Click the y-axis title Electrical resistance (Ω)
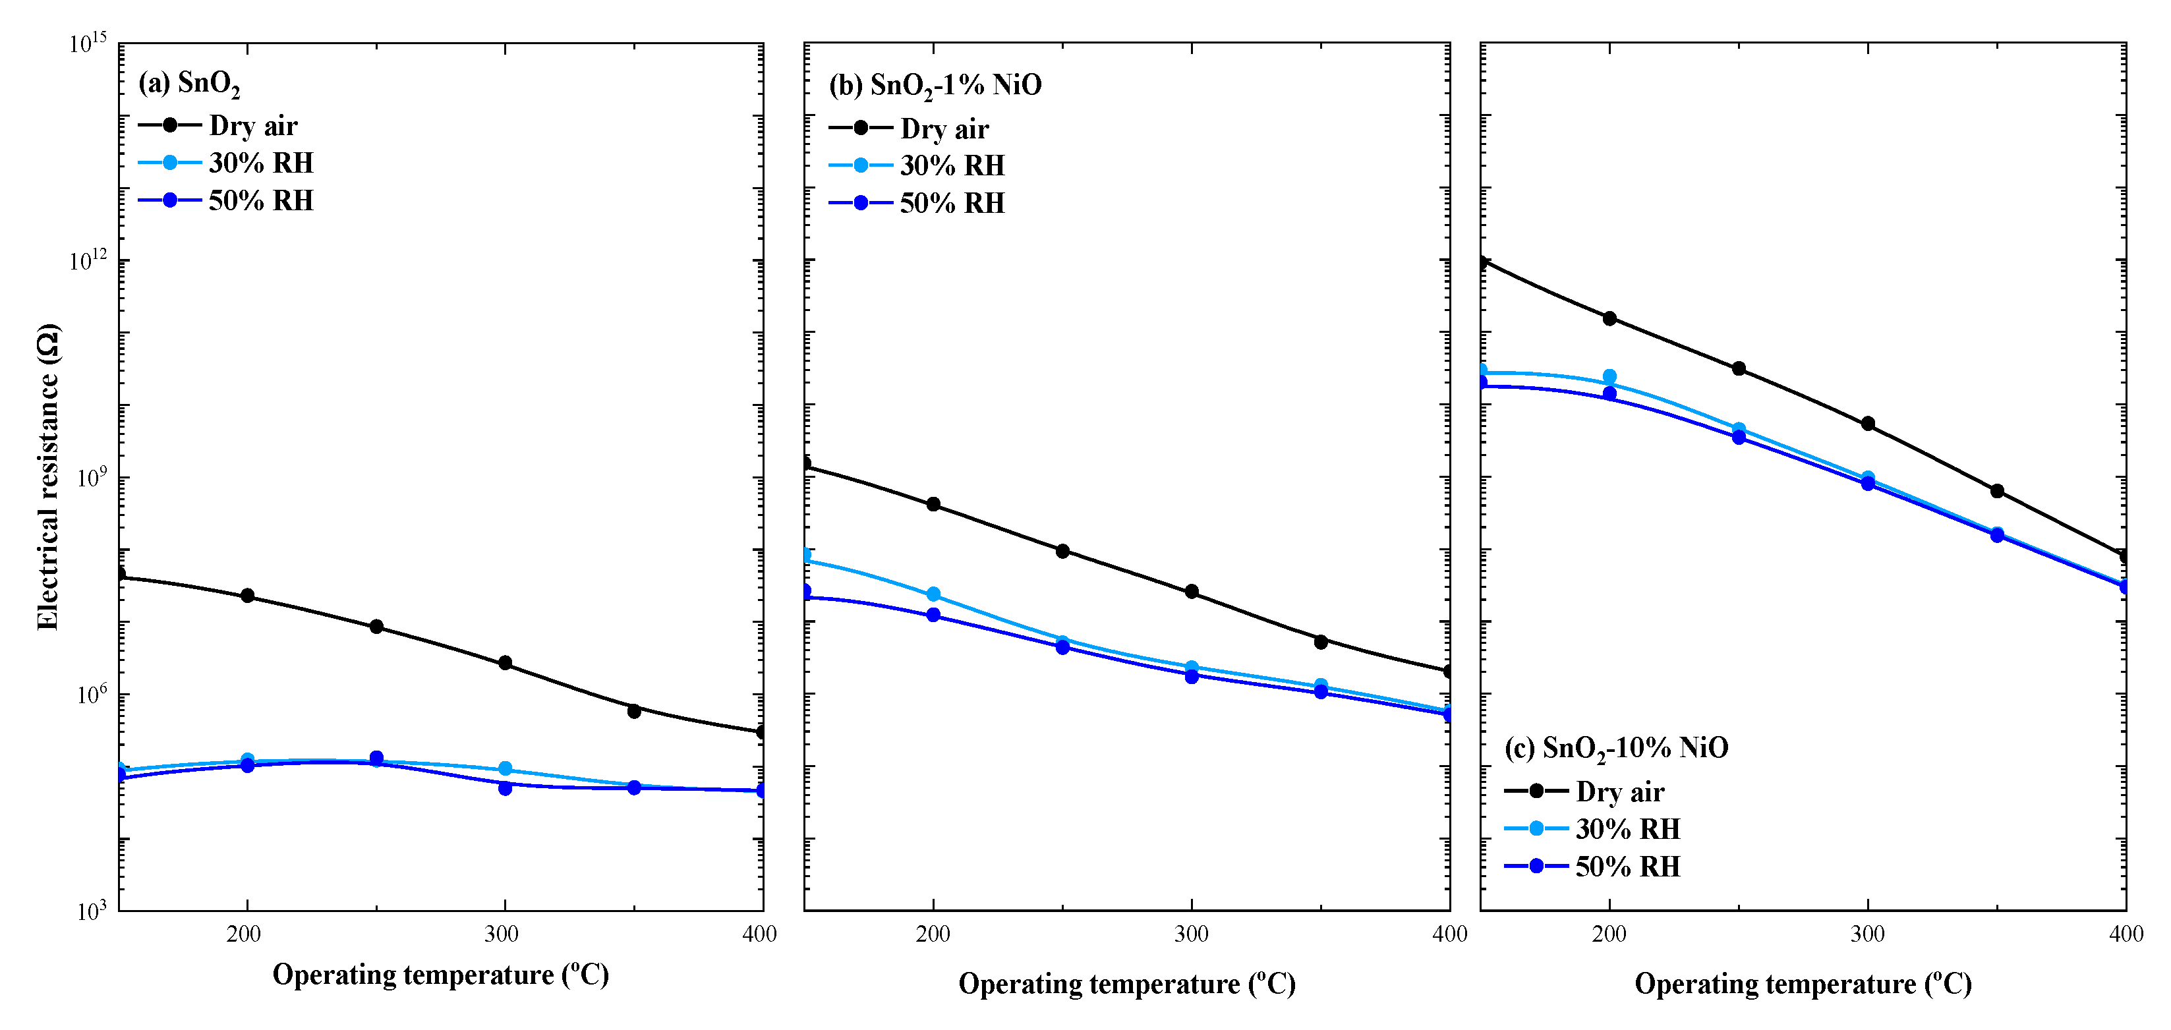tap(48, 476)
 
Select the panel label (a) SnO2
tap(188, 84)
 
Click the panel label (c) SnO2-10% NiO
tap(1615, 748)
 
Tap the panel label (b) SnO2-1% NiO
tap(935, 85)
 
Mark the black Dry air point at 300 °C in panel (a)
tap(505, 662)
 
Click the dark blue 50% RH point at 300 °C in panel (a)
tap(505, 788)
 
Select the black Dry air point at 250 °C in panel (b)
tap(1062, 551)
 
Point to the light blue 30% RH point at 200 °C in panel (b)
tap(933, 594)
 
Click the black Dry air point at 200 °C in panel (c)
tap(1609, 318)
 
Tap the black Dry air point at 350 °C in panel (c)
tap(1996, 490)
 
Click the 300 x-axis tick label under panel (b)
tap(1191, 934)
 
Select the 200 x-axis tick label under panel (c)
tap(1609, 934)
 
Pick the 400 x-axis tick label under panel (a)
tap(759, 934)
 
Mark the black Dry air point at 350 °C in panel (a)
tap(634, 710)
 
